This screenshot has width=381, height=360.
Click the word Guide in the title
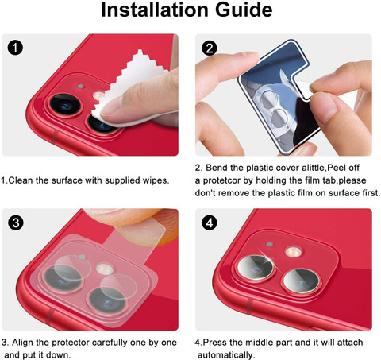point(244,10)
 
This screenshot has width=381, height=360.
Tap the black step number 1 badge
point(15,48)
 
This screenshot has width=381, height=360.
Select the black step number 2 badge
point(210,48)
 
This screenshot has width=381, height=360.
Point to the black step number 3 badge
point(16,223)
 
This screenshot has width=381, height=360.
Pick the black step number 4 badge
point(210,223)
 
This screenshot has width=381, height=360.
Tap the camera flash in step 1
point(98,95)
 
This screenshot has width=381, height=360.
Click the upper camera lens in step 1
point(65,105)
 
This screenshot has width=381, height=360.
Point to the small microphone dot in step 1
point(80,87)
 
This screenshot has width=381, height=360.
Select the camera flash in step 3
point(105,269)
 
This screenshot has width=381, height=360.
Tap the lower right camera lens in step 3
point(106,300)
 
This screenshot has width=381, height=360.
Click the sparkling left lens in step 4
point(256,267)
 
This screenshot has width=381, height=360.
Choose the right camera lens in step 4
point(301,281)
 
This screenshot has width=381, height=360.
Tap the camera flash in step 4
point(293,251)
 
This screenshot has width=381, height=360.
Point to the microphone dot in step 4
point(269,244)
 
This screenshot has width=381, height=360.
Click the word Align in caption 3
point(22,343)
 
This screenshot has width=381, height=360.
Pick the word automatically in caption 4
point(226,355)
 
